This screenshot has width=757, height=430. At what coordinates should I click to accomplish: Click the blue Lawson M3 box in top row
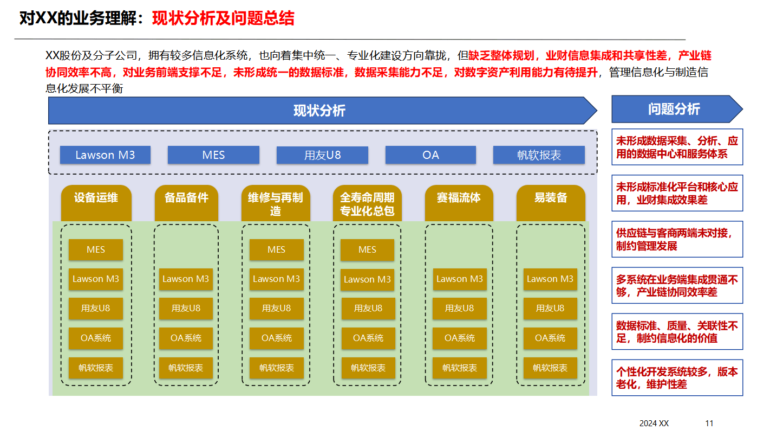click(x=105, y=155)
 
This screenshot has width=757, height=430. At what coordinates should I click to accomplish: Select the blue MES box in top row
click(x=213, y=155)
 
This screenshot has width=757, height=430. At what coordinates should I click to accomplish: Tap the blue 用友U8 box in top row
click(x=322, y=155)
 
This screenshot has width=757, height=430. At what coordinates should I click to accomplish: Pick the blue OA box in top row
click(x=430, y=155)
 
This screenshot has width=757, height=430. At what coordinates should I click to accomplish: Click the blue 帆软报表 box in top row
click(x=539, y=155)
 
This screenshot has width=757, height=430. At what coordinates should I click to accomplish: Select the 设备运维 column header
click(x=96, y=198)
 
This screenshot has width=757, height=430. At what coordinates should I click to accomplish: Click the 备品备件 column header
click(x=186, y=198)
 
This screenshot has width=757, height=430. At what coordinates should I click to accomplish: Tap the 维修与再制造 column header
click(x=276, y=203)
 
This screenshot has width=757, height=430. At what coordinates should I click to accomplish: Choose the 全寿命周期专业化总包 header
click(x=367, y=203)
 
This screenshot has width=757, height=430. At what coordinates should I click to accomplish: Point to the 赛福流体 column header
click(x=459, y=198)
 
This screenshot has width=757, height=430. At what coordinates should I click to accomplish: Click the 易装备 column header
click(x=551, y=198)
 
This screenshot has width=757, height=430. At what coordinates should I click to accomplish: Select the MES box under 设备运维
click(x=96, y=250)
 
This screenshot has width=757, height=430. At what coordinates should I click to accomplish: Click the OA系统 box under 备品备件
click(x=186, y=338)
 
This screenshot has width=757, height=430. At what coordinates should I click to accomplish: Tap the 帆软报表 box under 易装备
click(x=550, y=368)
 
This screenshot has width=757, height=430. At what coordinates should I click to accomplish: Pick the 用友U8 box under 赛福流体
click(x=459, y=308)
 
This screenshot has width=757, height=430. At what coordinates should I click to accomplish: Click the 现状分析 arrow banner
click(x=319, y=111)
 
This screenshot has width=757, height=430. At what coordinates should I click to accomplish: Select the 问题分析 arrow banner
click(x=675, y=109)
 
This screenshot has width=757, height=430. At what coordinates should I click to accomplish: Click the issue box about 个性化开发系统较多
click(x=677, y=378)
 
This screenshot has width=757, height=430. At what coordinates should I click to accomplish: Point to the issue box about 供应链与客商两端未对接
click(x=677, y=239)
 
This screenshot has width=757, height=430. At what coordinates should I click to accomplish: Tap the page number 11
click(x=709, y=423)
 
